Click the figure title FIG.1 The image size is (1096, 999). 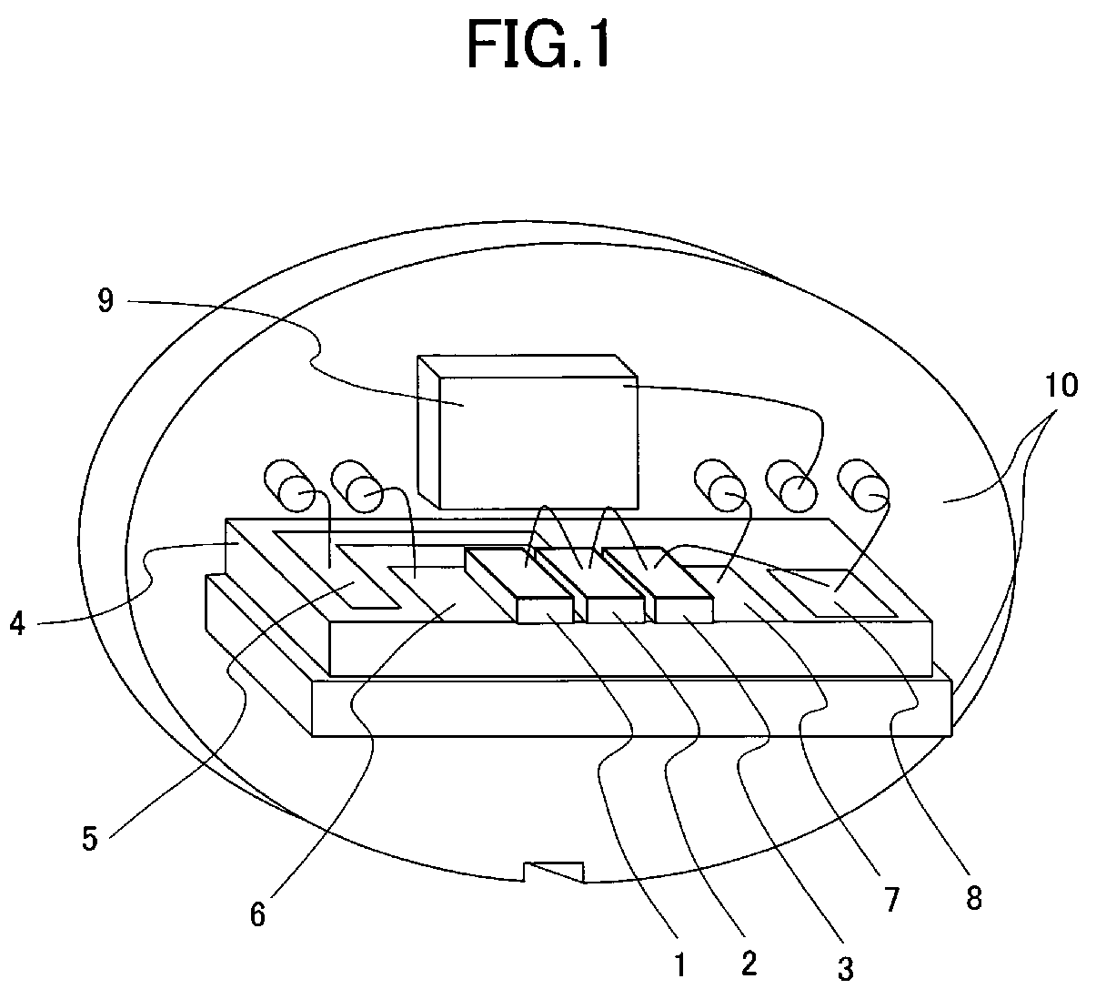click(x=538, y=45)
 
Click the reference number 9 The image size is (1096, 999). click(x=106, y=301)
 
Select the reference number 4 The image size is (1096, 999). click(x=17, y=625)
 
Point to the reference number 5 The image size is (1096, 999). click(x=89, y=837)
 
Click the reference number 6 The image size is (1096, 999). click(x=258, y=913)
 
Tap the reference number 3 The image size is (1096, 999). click(x=845, y=969)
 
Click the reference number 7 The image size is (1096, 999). click(x=891, y=899)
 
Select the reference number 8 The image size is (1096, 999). click(x=973, y=898)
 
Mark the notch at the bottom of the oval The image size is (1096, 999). click(x=553, y=873)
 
